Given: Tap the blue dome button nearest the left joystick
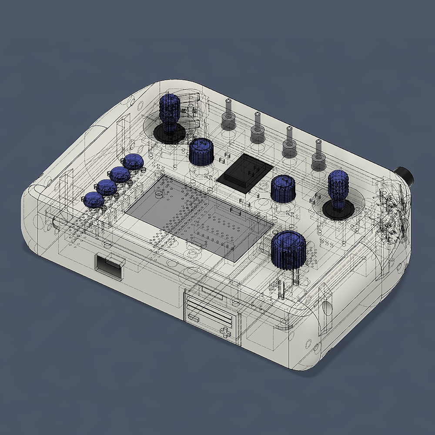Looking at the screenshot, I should tap(133, 162).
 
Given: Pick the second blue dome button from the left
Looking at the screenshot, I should tap(106, 187).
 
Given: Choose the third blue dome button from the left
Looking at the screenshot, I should tap(120, 175).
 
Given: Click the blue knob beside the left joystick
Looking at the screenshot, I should tap(201, 151).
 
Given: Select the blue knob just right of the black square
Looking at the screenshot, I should tap(283, 188).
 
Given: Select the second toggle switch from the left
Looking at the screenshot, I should tap(258, 128).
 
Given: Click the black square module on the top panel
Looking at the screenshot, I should tap(245, 172).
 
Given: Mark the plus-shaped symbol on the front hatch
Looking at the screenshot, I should tap(225, 333).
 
